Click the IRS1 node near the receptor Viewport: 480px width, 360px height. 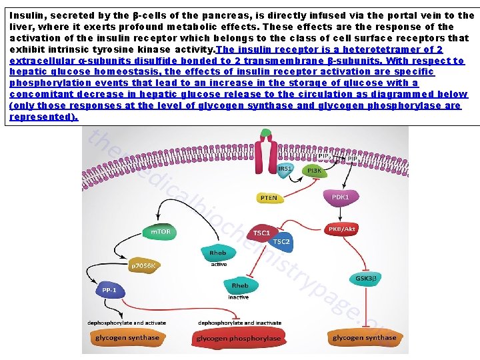285,169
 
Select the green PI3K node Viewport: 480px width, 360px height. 313,171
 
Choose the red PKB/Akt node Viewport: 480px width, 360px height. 342,229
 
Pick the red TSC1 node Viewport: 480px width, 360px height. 261,233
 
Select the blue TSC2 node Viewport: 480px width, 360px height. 281,241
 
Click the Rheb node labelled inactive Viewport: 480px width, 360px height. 239,287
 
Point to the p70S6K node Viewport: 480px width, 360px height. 142,265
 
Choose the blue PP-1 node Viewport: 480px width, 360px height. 109,290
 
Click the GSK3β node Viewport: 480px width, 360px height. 366,278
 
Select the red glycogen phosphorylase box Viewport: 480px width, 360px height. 239,337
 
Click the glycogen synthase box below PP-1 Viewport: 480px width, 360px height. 127,337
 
